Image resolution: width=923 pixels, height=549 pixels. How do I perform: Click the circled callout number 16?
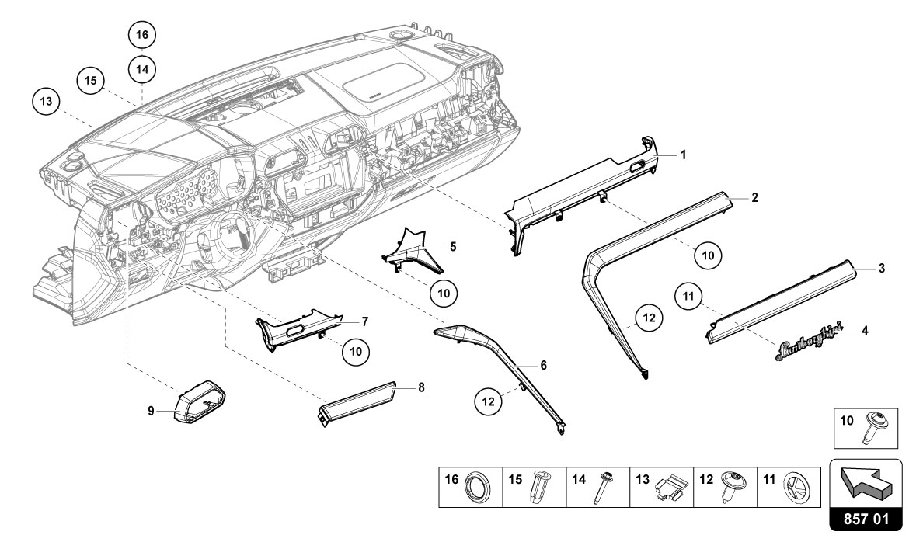(x=141, y=35)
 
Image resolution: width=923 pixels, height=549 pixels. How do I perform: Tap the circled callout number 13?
(x=47, y=102)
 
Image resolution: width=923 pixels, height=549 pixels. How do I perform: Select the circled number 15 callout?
(x=90, y=80)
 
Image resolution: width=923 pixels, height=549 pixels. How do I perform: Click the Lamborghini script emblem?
(x=808, y=352)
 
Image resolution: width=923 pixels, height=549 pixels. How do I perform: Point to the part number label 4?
(x=865, y=330)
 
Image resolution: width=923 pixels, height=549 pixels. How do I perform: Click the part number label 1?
(x=683, y=155)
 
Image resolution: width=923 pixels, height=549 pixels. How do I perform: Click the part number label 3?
(x=882, y=269)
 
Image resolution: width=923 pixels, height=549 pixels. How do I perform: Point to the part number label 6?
(x=543, y=364)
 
